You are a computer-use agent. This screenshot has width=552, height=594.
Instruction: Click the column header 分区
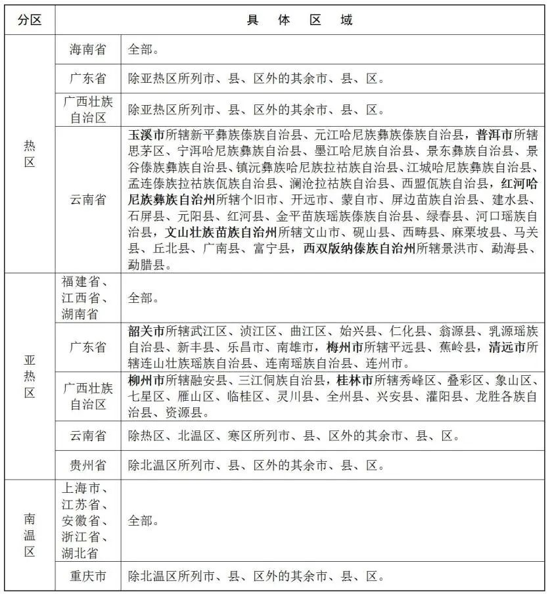click(x=30, y=20)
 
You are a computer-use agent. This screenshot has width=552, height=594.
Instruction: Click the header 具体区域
click(x=300, y=20)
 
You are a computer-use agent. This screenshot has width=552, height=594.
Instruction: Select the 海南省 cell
click(x=88, y=49)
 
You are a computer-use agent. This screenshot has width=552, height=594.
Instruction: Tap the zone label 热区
click(x=30, y=153)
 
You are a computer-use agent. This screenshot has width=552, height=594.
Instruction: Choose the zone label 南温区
click(x=30, y=535)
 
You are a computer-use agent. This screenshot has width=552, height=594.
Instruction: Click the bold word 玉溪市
click(x=147, y=135)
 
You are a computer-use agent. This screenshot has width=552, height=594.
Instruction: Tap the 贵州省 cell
click(x=88, y=466)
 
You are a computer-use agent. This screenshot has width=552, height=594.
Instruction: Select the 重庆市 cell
click(x=88, y=577)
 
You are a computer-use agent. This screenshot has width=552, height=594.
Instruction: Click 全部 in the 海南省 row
click(x=141, y=49)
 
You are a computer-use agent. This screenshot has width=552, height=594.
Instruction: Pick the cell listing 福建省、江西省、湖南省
click(x=88, y=298)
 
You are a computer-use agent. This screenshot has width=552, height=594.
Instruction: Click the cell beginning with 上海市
click(x=88, y=520)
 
